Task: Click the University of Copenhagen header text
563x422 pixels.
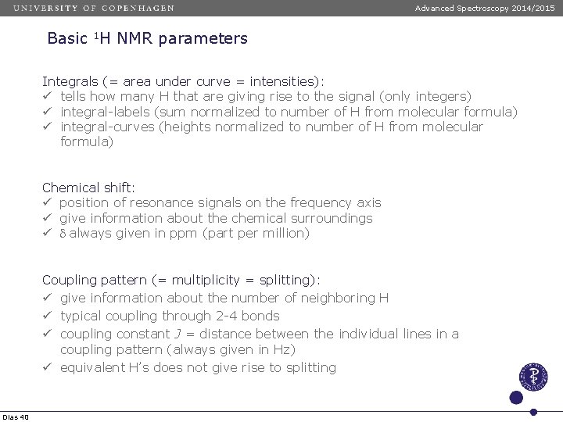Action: [x=93, y=8]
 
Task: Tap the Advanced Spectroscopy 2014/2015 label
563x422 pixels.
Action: [x=485, y=8]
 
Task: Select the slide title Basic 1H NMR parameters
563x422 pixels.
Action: [x=147, y=38]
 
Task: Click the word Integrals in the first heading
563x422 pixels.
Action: [x=70, y=81]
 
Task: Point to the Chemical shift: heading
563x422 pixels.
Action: [x=88, y=188]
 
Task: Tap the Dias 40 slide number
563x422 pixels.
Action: [x=16, y=417]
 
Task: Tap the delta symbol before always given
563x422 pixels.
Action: [x=63, y=234]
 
